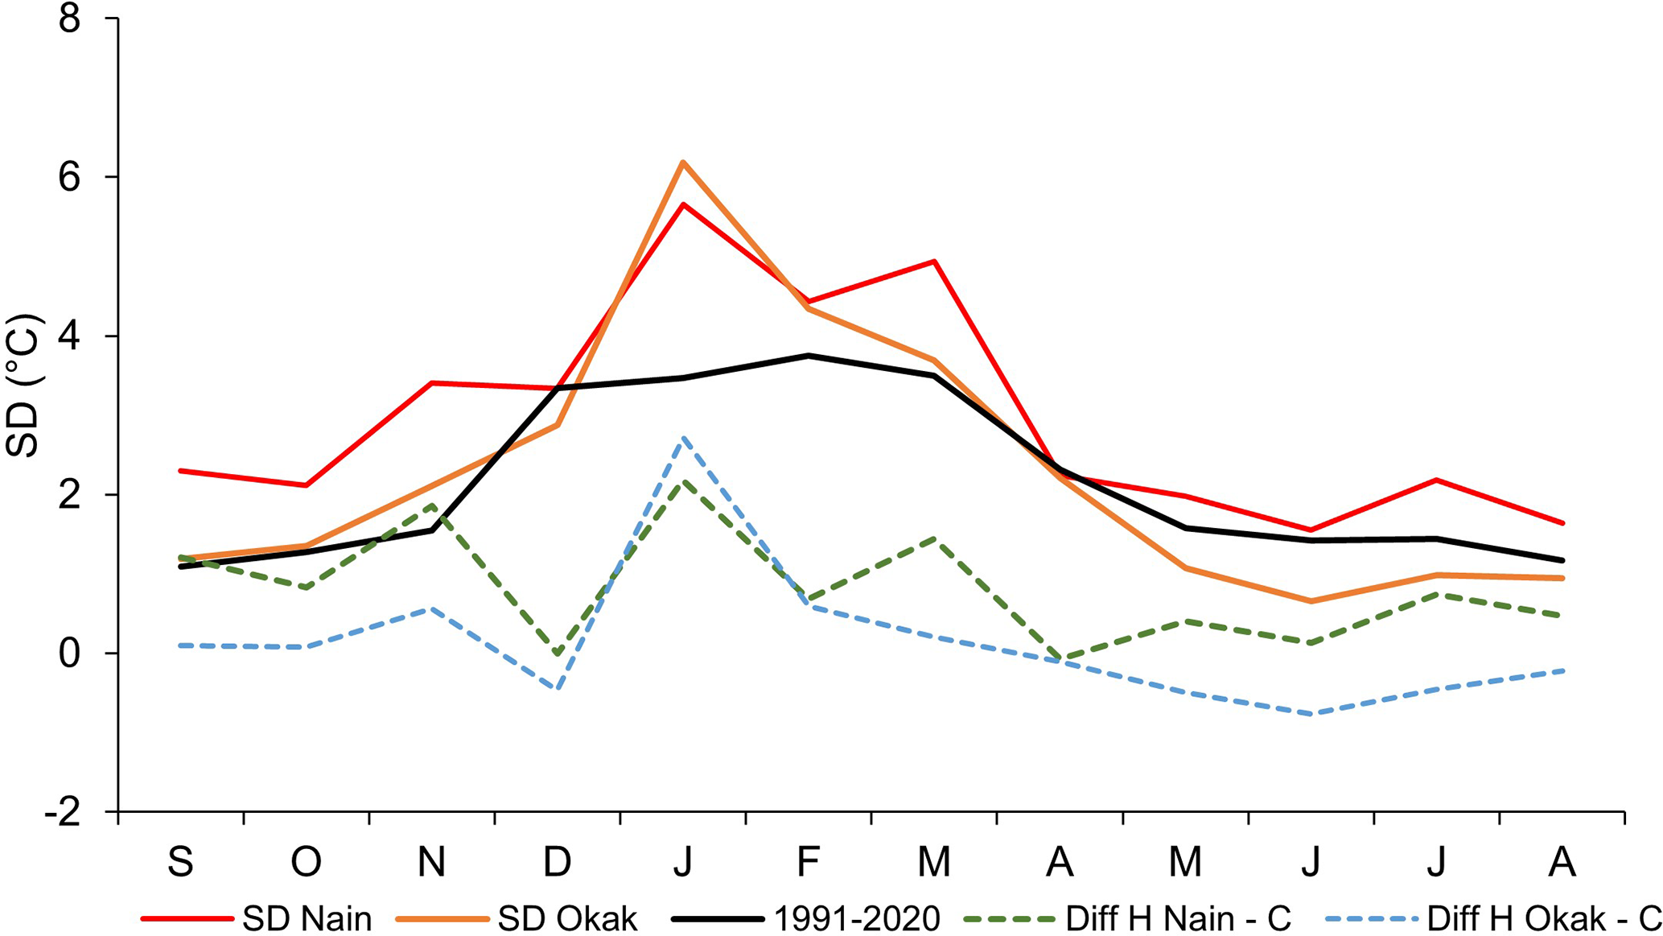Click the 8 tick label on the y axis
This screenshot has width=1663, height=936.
click(x=70, y=19)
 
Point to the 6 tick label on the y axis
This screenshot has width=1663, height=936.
click(x=70, y=178)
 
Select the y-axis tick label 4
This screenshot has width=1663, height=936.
click(x=70, y=336)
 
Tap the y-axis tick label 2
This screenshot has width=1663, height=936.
click(x=70, y=495)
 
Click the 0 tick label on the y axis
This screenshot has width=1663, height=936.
click(x=70, y=654)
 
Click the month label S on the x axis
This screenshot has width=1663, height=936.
click(x=180, y=862)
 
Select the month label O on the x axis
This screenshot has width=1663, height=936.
click(x=306, y=862)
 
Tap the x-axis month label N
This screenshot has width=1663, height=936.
click(x=432, y=862)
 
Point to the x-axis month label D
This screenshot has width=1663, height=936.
click(x=557, y=862)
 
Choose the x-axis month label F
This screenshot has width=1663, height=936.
click(x=808, y=862)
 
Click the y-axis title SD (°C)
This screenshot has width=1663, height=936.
click(x=23, y=386)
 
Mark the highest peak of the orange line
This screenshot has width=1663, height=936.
click(x=683, y=163)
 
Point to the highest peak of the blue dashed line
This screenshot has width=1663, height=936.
click(x=683, y=438)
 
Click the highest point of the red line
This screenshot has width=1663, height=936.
click(x=683, y=204)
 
